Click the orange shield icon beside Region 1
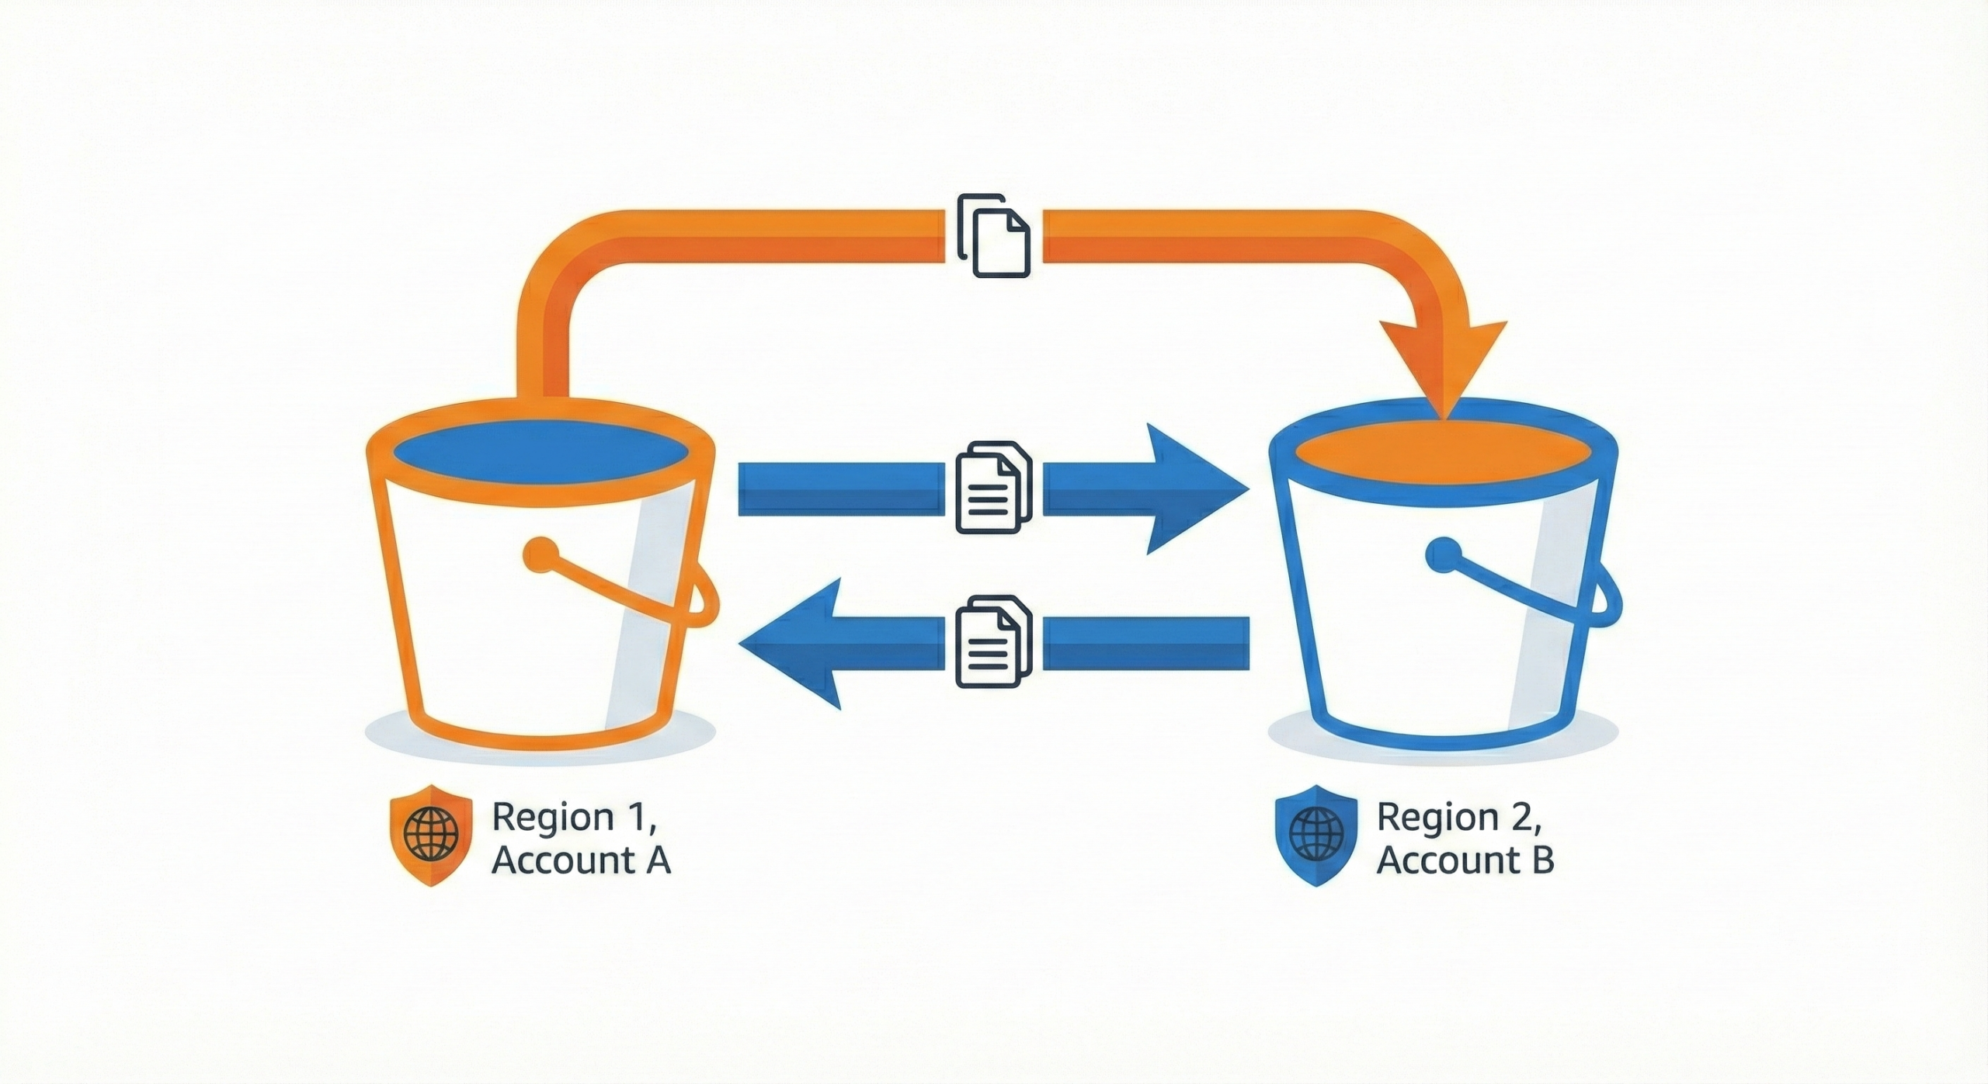pyautogui.click(x=431, y=835)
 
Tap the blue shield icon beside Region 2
pyautogui.click(x=1315, y=835)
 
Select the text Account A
pyautogui.click(x=581, y=860)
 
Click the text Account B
pyautogui.click(x=1465, y=860)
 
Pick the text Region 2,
pyautogui.click(x=1459, y=818)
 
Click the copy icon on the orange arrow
pyautogui.click(x=994, y=235)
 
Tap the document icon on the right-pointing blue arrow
pyautogui.click(x=994, y=487)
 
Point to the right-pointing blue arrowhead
pyautogui.click(x=1196, y=489)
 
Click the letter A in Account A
pyautogui.click(x=657, y=860)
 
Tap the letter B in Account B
pyautogui.click(x=1542, y=860)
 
